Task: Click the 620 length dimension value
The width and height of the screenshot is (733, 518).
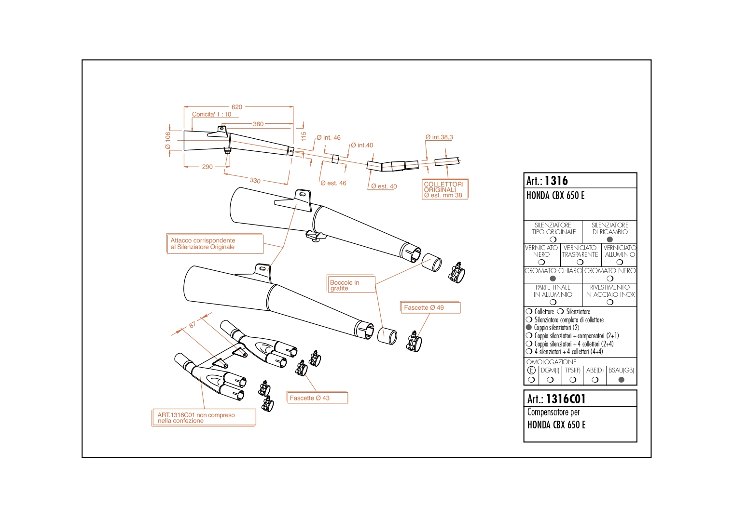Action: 236,107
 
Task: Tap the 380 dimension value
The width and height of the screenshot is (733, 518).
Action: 258,124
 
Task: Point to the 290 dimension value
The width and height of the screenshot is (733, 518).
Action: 207,167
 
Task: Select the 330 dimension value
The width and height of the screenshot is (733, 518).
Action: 255,181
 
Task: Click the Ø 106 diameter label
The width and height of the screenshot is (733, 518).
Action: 168,141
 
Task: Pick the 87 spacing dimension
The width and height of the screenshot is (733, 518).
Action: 192,324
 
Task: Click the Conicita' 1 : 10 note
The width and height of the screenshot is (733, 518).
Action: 211,114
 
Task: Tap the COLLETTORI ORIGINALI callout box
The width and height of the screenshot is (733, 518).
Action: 445,189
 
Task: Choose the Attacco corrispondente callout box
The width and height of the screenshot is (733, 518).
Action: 215,243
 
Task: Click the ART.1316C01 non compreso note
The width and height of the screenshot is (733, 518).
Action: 204,417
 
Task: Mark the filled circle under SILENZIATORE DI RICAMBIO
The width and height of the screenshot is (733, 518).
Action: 609,239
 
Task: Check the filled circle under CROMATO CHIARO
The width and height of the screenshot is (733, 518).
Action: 553,279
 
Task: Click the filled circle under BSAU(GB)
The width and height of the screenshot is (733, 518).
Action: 621,379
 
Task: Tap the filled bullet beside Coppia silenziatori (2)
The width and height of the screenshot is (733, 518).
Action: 528,327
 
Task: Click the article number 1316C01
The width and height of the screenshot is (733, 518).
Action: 566,398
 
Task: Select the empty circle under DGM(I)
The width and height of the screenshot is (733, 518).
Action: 550,379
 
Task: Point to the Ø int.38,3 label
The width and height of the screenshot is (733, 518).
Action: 439,137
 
